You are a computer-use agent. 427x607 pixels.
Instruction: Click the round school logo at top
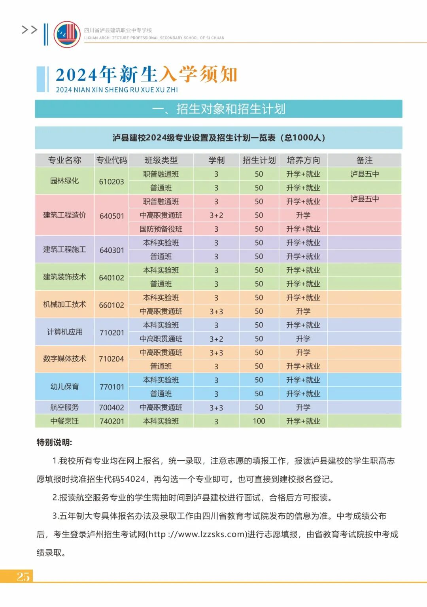click(67, 34)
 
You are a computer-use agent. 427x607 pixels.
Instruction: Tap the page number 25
click(23, 576)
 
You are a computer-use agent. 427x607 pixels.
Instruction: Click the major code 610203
click(111, 182)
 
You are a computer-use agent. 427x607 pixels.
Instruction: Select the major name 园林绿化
click(64, 181)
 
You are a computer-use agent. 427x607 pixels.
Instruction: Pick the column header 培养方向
click(303, 160)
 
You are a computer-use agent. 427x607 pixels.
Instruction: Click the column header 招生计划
click(259, 160)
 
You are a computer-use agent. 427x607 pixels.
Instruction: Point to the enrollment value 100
click(259, 421)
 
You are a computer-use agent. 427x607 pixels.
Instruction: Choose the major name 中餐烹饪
click(64, 421)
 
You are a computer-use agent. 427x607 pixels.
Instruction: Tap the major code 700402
click(111, 407)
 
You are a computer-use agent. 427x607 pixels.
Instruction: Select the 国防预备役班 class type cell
click(161, 229)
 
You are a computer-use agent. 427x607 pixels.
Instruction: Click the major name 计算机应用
click(64, 332)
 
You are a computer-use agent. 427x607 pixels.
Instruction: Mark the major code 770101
click(111, 387)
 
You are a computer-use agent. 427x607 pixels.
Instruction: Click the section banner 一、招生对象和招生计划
click(219, 109)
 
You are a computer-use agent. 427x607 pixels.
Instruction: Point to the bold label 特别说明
click(54, 442)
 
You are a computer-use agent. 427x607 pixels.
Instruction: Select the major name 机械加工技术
click(64, 304)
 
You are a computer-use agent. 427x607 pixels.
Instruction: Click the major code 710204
click(111, 359)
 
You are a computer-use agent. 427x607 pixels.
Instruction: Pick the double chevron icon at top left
click(29, 30)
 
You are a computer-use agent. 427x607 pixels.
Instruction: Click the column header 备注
click(364, 160)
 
